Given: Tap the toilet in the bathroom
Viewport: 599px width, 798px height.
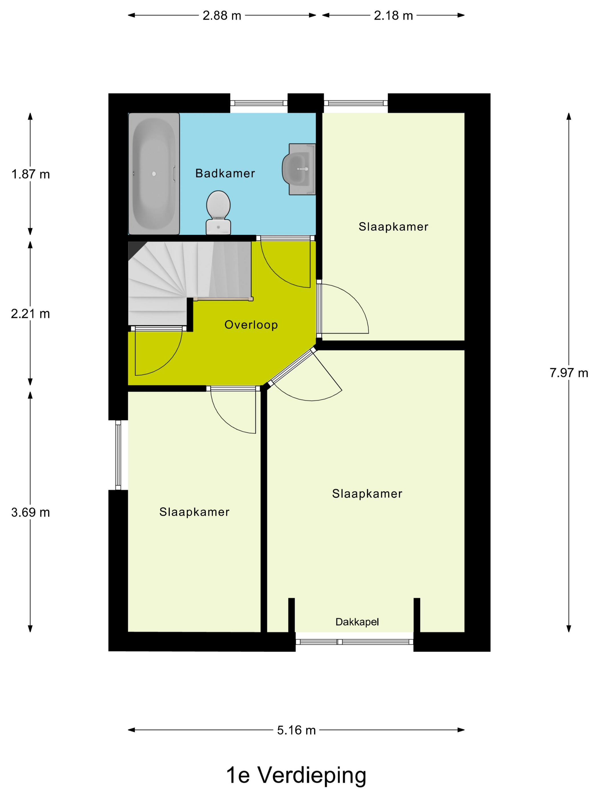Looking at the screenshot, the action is click(218, 213).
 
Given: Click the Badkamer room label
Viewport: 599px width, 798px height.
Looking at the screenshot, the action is click(225, 174).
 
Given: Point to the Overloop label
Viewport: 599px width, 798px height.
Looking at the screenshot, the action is click(251, 325).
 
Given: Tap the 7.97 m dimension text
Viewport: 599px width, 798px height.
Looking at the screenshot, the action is click(569, 373).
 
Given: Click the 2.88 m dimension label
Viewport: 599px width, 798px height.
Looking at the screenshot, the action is click(222, 15).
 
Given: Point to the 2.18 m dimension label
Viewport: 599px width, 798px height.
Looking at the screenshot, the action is click(393, 15).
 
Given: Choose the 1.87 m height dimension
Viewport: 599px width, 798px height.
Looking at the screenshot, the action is click(30, 174).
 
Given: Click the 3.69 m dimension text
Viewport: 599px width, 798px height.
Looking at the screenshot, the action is click(30, 512).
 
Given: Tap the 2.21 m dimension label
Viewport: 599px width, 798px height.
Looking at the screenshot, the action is click(30, 314).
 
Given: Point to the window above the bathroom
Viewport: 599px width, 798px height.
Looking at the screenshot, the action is click(259, 103).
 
